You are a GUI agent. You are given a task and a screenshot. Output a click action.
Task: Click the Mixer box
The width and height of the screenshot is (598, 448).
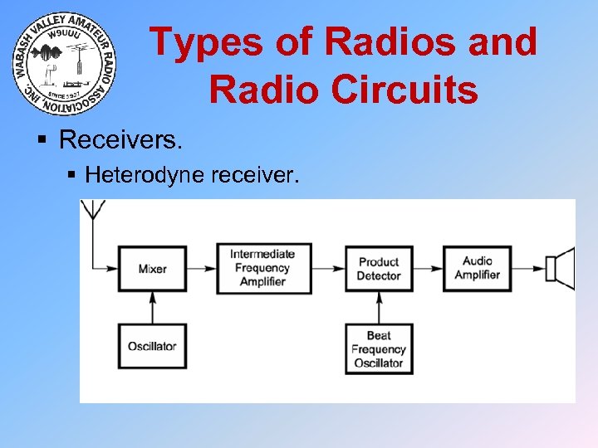pyautogui.click(x=152, y=268)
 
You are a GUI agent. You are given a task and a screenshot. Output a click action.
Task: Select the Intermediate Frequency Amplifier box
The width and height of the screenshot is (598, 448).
pyautogui.click(x=264, y=268)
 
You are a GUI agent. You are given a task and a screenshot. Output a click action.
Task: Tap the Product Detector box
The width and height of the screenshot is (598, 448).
pyautogui.click(x=379, y=268)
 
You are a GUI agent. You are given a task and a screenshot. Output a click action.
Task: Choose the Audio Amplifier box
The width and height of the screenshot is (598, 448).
pyautogui.click(x=477, y=268)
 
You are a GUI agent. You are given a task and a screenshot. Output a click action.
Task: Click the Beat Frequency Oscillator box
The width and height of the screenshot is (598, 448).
pyautogui.click(x=379, y=348)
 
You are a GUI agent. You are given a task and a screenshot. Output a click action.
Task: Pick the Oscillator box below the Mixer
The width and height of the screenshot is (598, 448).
pyautogui.click(x=152, y=345)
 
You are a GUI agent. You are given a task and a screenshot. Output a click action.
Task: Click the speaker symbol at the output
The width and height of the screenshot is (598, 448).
pyautogui.click(x=560, y=268)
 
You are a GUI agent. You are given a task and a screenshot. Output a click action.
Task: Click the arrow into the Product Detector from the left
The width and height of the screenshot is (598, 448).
pyautogui.click(x=329, y=268)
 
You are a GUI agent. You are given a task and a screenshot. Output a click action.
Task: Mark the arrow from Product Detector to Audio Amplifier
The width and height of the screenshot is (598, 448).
pyautogui.click(x=427, y=268)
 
